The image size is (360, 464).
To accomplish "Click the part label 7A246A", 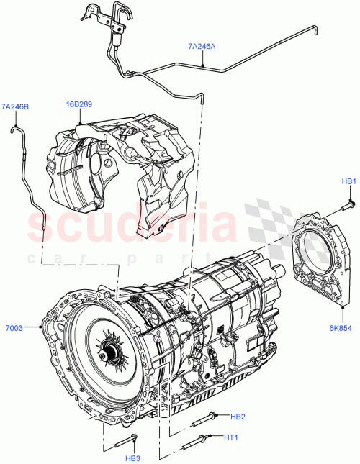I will [201, 46].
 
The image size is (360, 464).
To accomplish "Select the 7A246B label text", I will [15, 107].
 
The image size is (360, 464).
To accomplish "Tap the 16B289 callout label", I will [79, 106].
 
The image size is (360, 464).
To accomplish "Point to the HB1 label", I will [348, 181].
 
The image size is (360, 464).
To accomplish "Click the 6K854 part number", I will [342, 327].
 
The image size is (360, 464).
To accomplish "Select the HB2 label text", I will [239, 416].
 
